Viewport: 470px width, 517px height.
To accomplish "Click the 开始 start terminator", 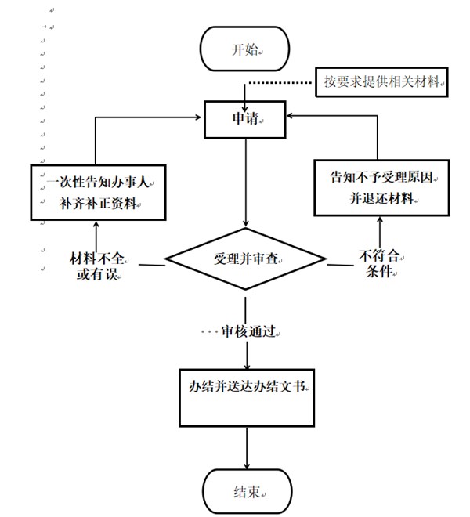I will point(246,49).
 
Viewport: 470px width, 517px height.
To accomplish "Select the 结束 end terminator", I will point(246,492).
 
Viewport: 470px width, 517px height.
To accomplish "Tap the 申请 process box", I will point(246,119).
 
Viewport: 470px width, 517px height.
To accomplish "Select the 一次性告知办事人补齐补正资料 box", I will point(96,193).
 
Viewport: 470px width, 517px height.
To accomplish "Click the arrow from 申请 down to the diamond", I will point(246,180).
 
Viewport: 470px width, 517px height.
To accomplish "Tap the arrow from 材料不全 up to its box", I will point(96,235).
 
